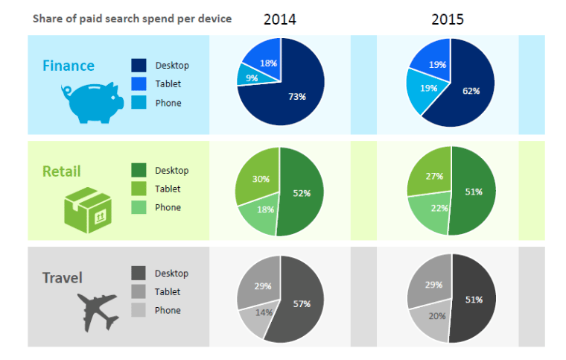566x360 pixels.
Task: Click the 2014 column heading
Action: coord(279,19)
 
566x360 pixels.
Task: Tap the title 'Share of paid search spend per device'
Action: coord(132,19)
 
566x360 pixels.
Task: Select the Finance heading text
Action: coord(68,66)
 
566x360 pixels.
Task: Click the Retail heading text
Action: coord(61,171)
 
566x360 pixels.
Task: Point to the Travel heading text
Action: coord(62,278)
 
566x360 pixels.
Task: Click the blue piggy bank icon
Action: coord(91,102)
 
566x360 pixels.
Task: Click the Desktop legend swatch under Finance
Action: coord(139,66)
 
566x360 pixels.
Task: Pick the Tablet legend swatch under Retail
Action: coord(139,189)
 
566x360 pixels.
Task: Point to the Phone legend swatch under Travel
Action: coord(139,310)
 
